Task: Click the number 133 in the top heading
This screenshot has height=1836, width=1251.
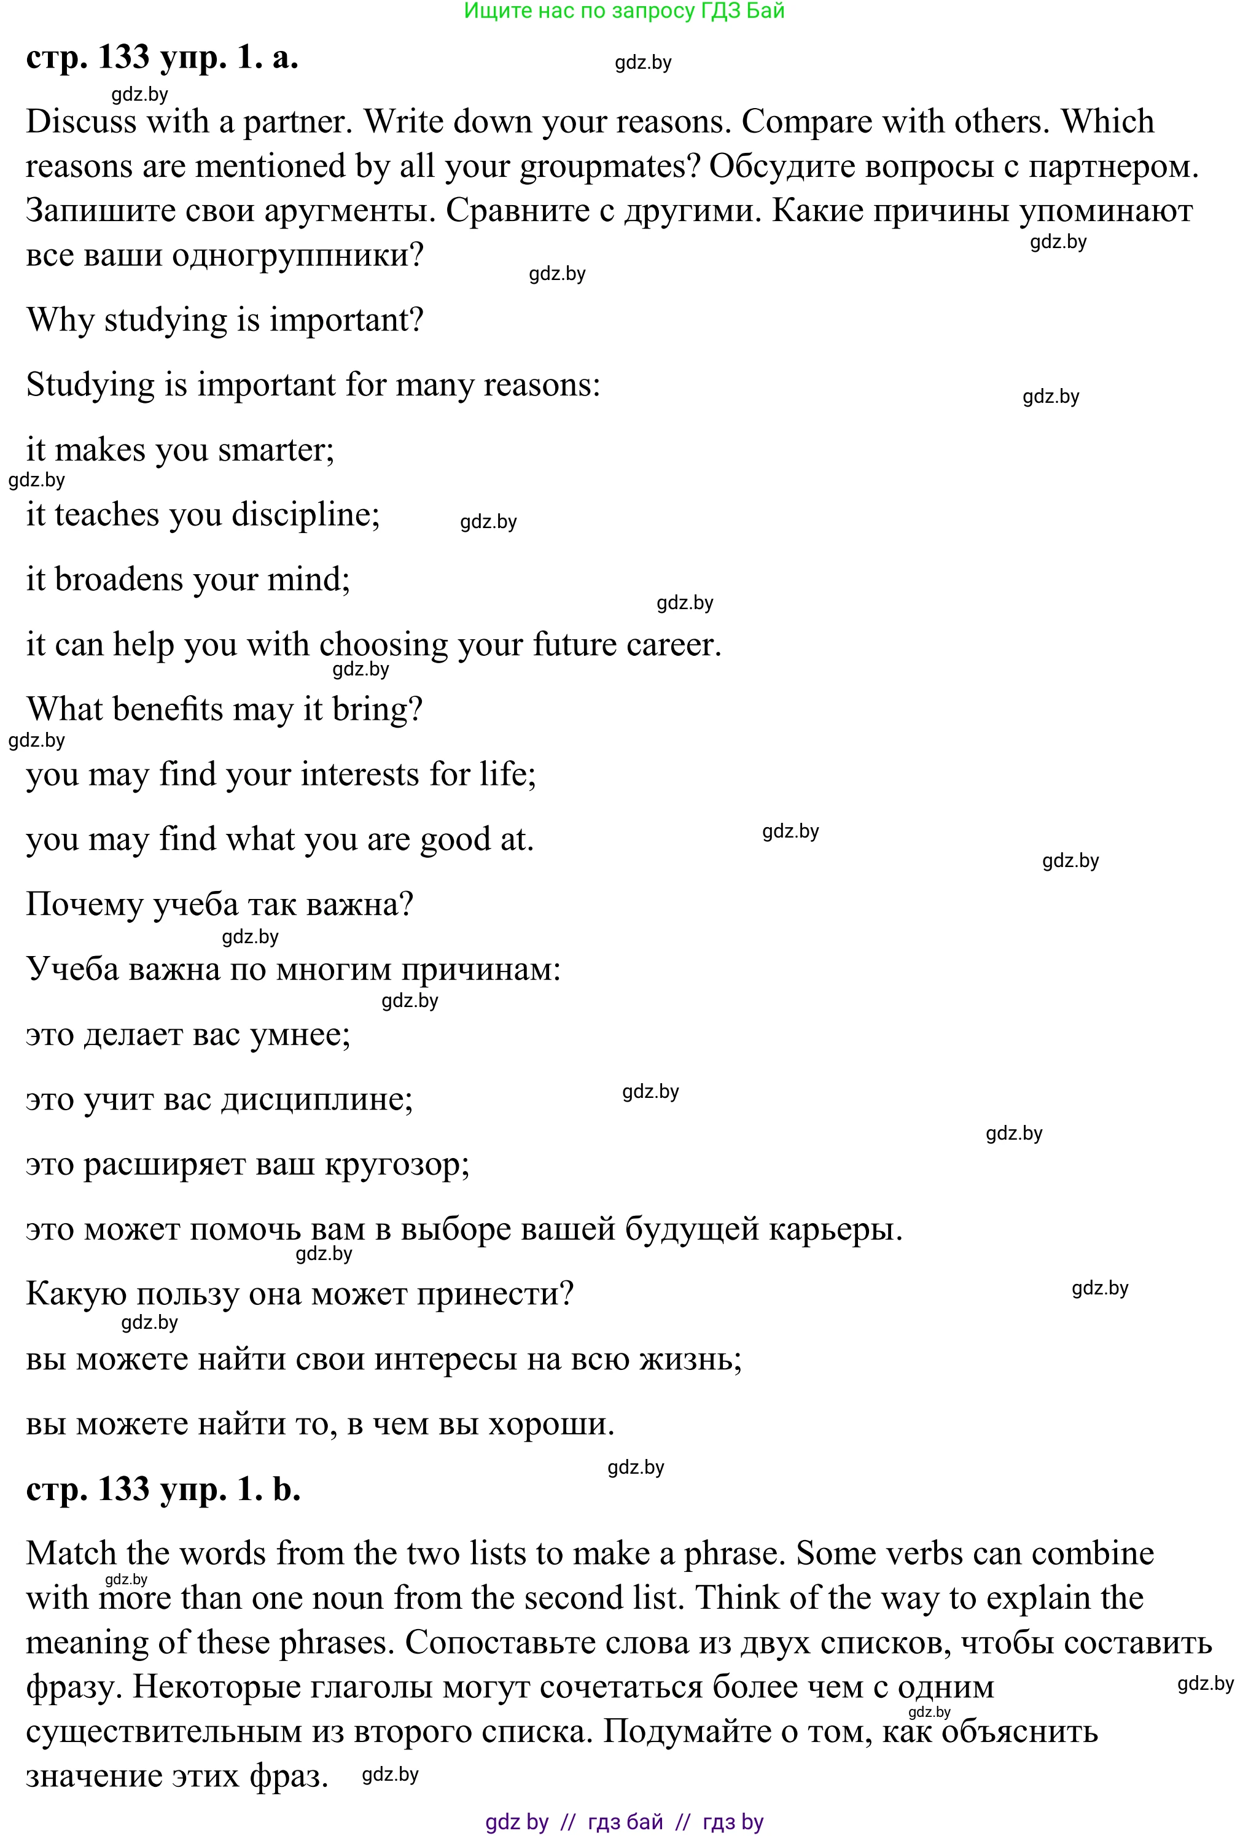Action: click(124, 58)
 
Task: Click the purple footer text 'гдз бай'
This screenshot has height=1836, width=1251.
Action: click(625, 1822)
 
